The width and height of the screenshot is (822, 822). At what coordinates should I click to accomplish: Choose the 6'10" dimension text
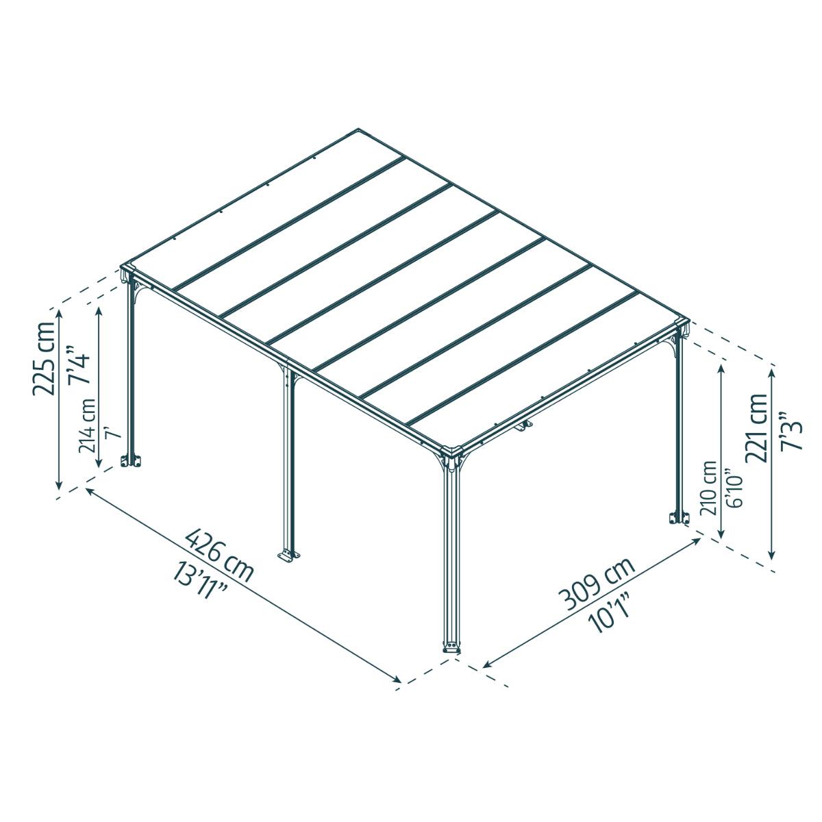click(733, 488)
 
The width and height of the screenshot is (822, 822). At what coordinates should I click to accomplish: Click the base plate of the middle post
click(288, 555)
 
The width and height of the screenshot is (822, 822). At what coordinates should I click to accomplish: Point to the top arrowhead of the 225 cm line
click(60, 314)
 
